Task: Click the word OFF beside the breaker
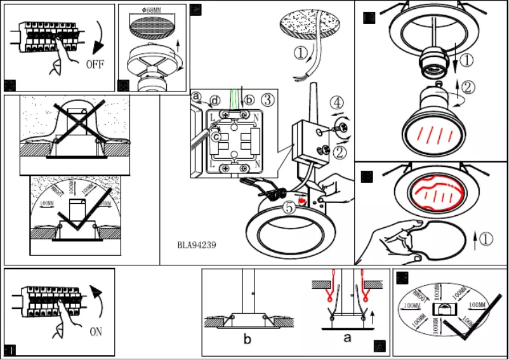coord(95,64)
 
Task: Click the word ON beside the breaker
coord(96,331)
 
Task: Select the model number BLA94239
coord(197,244)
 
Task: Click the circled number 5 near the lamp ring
coord(289,206)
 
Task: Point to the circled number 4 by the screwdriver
coord(336,102)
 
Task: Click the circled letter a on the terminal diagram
coord(196,97)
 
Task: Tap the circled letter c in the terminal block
coord(216,135)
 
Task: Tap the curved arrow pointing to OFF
coord(98,38)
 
